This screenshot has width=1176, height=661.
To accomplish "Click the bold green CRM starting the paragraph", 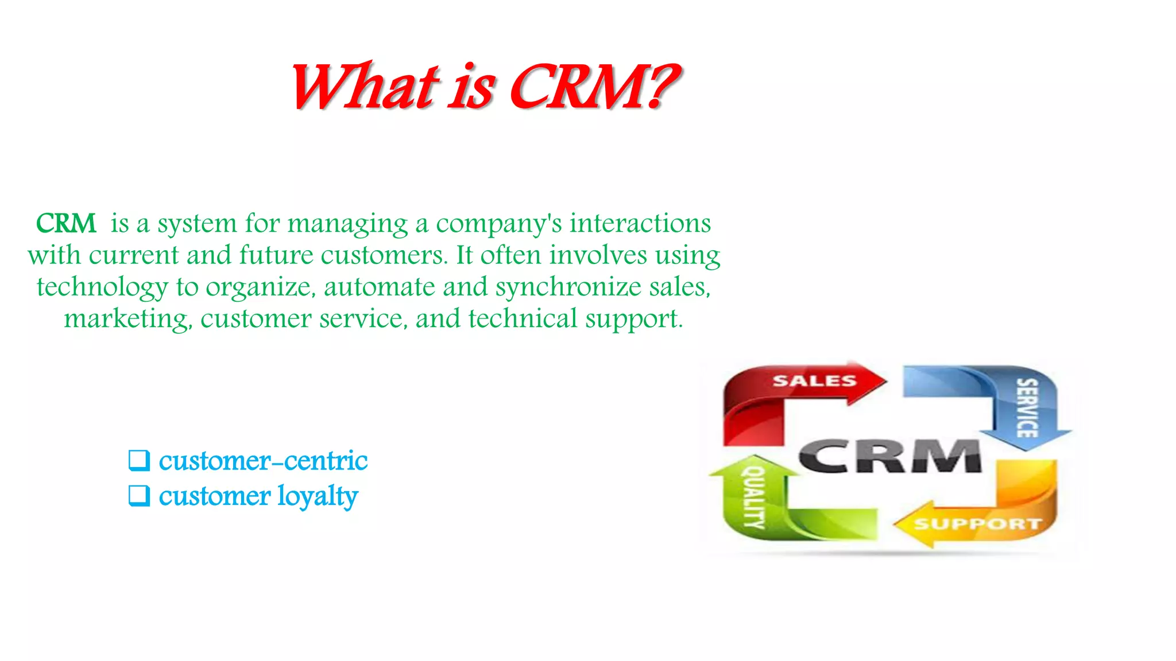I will [66, 223].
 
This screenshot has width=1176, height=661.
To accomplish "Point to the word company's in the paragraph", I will [499, 224].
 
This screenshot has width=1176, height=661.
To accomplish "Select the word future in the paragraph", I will [276, 255].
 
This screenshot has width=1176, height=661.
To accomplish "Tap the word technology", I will [102, 287].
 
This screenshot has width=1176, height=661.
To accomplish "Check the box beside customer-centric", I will [139, 460].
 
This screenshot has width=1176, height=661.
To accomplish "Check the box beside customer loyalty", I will [139, 495].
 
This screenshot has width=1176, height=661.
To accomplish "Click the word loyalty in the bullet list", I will [318, 496].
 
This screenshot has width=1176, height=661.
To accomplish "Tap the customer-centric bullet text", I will [263, 461].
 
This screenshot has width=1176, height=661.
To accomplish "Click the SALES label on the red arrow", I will [814, 381].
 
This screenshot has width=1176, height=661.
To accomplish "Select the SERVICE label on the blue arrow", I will [1027, 408].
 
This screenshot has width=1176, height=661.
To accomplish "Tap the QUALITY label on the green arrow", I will [754, 497].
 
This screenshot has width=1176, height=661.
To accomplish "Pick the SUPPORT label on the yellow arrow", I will [977, 524].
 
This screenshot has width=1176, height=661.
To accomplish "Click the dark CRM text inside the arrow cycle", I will [889, 456].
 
